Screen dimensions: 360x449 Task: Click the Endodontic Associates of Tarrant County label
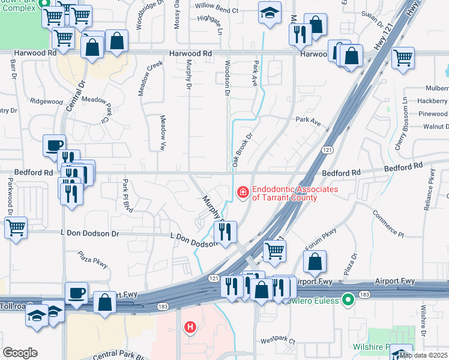coord(295,193)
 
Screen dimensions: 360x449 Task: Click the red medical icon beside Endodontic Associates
coord(243,193)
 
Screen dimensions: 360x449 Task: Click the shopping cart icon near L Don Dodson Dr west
coord(16,227)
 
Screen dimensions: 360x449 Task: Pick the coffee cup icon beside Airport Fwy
coord(76,293)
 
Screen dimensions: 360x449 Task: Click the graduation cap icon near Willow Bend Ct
coord(270,12)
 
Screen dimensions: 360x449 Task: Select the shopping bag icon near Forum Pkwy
coord(315,262)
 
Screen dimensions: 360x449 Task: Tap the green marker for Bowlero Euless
coord(348,299)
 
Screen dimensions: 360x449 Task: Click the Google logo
coord(20,353)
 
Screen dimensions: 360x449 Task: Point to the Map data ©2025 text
coord(423,355)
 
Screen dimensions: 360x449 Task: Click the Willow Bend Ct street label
coord(218,11)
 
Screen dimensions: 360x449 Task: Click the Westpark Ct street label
coord(283,340)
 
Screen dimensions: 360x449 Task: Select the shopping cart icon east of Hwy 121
coord(403,58)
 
